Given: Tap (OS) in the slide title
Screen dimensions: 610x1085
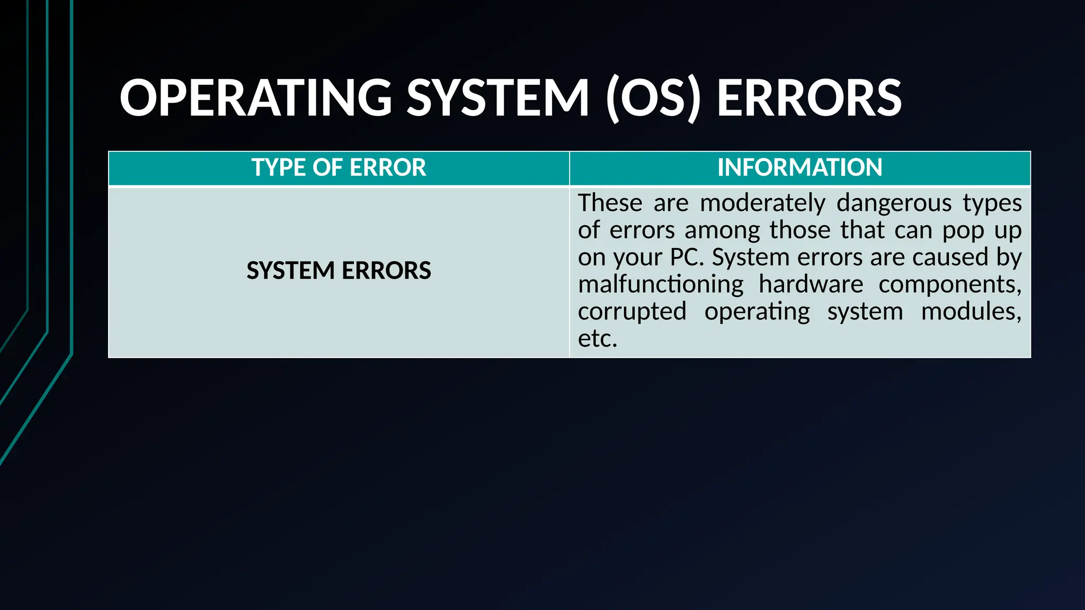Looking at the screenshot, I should (653, 98).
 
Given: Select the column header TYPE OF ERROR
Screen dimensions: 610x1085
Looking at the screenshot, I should (339, 168).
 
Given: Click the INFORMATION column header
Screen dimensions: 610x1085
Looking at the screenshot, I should (799, 168).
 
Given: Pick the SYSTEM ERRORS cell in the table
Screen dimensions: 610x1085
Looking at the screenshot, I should (339, 271).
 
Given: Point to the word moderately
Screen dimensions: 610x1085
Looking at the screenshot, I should (762, 203).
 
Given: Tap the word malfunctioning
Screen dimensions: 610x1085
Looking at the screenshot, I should (661, 285).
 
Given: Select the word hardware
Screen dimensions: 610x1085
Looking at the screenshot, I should (811, 285).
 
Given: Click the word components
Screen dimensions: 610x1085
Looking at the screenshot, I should (949, 285).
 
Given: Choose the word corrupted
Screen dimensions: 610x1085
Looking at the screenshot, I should (632, 312).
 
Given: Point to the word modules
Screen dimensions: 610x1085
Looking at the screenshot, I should (971, 312).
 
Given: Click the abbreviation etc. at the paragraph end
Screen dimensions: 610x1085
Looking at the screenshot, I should (598, 339).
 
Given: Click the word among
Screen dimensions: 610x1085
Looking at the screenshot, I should (723, 231).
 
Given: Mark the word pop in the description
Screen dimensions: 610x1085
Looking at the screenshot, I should (959, 231).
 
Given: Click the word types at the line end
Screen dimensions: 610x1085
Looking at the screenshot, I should (992, 203).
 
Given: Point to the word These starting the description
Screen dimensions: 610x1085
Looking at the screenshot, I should (610, 203).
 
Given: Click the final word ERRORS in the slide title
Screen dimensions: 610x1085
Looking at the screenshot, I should (808, 98).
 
